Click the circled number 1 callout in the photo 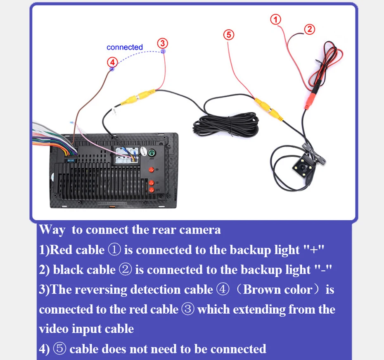tap(276, 19)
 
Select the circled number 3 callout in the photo tap(162, 43)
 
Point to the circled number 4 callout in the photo tap(112, 62)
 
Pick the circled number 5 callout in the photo tap(228, 34)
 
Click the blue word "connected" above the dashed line tap(124, 47)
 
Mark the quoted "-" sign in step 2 tap(323, 270)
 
